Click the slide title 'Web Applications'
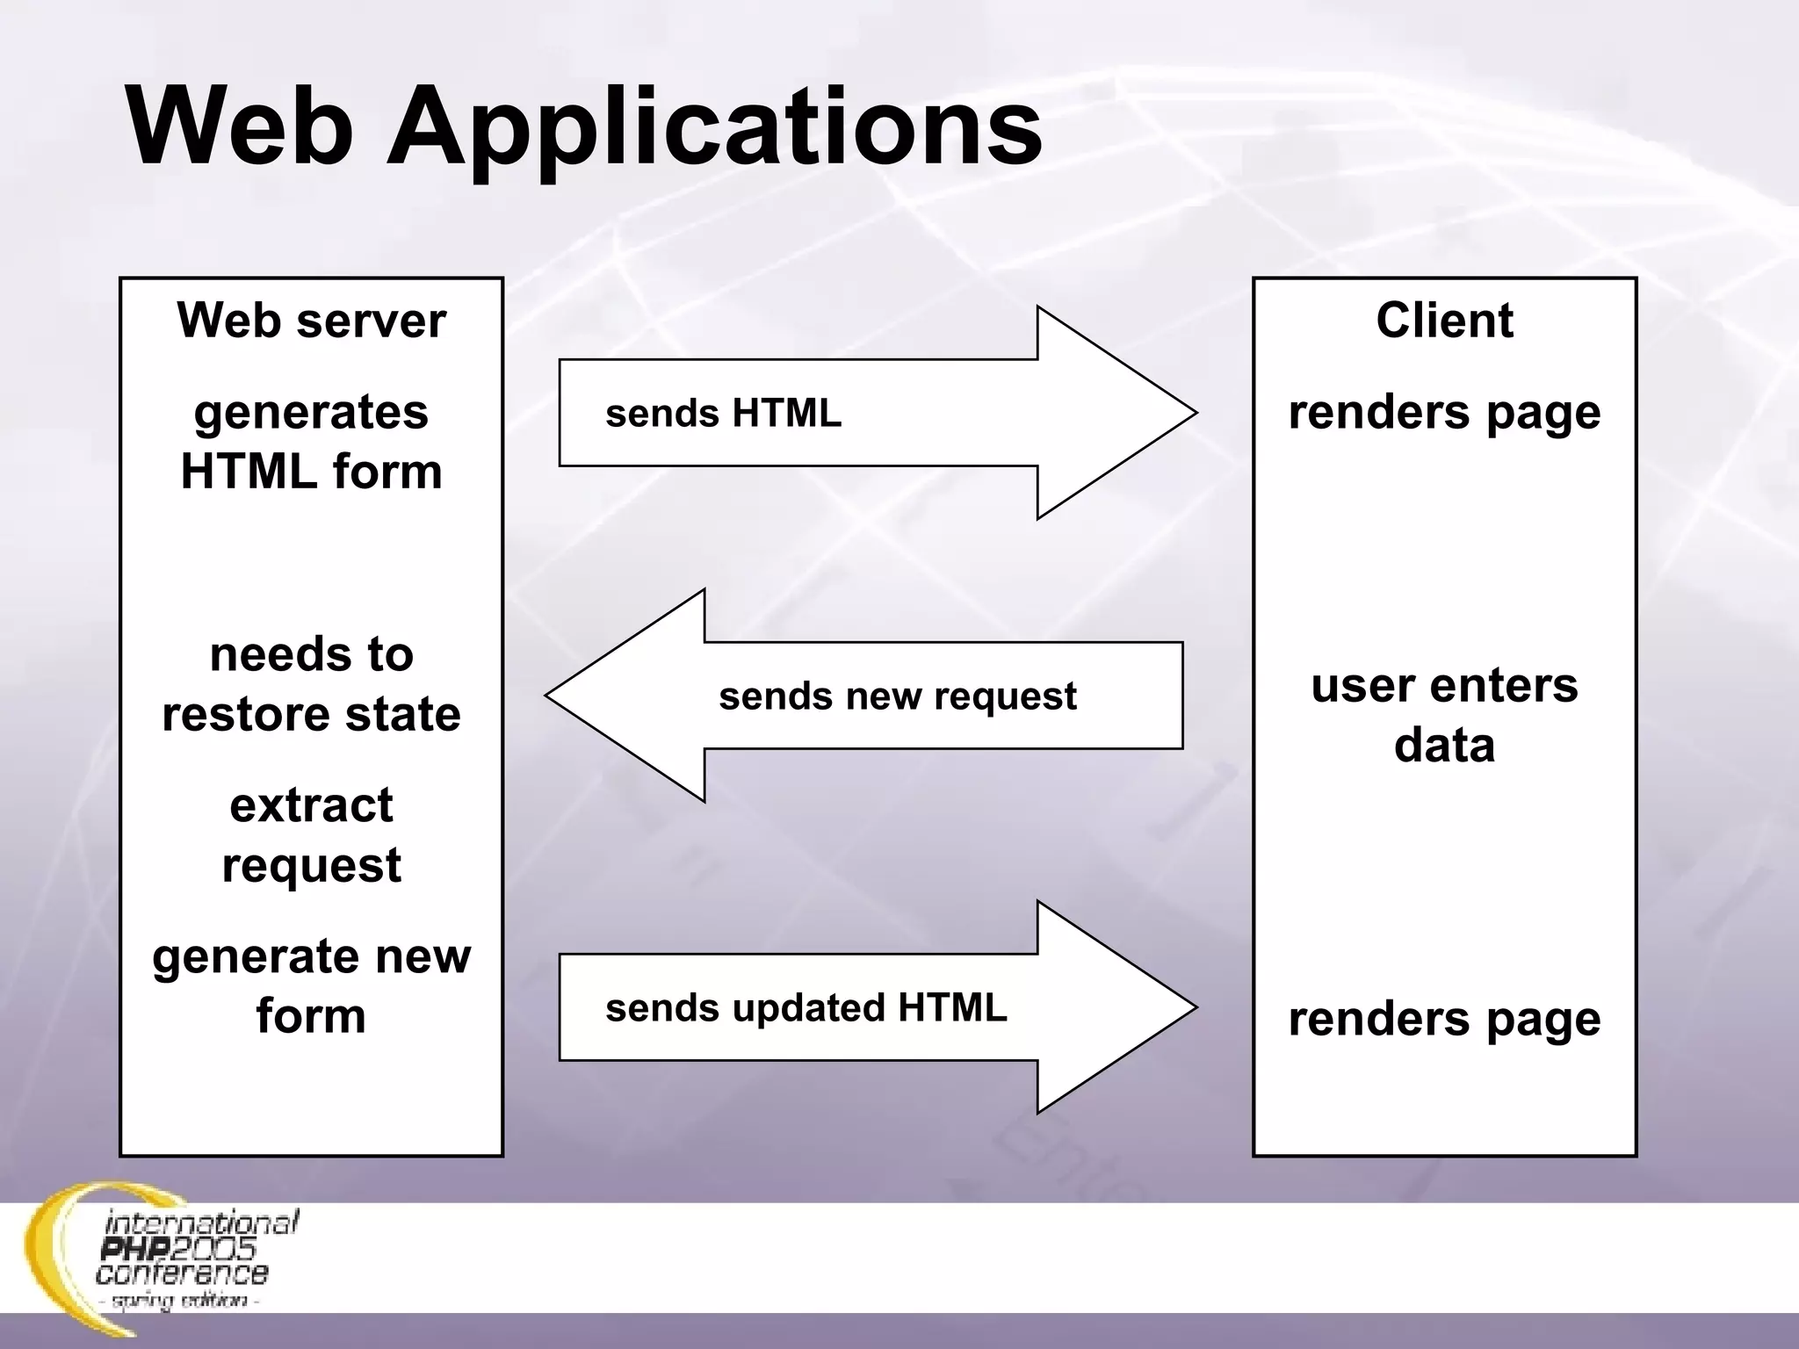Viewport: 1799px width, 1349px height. tap(584, 127)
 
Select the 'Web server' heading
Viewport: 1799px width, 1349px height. tap(311, 321)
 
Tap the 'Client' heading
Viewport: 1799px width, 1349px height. tap(1444, 321)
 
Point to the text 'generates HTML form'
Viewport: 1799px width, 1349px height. tap(311, 442)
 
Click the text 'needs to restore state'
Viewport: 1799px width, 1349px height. tap(311, 684)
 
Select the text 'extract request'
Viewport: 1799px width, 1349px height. tap(311, 835)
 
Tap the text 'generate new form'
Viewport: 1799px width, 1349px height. tap(311, 986)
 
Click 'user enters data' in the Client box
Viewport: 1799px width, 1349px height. tap(1444, 715)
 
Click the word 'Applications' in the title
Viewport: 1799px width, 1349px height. tap(714, 127)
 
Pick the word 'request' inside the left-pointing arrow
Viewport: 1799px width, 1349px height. tap(1005, 696)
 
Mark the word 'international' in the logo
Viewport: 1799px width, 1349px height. tap(201, 1223)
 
